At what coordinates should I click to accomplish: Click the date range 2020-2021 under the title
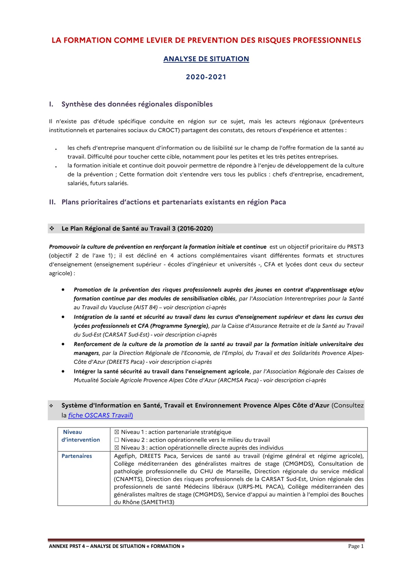[206, 77]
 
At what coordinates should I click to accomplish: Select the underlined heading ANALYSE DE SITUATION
[206, 59]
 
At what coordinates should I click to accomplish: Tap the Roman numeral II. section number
[52, 202]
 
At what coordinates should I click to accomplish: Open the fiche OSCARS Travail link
[100, 415]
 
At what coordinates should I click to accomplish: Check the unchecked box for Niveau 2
[117, 440]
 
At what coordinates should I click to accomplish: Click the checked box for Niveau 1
[117, 432]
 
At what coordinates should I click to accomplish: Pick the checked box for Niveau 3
[117, 448]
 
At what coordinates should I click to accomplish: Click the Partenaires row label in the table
[77, 456]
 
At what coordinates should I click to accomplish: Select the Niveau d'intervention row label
[80, 436]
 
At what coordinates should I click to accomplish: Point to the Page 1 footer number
[356, 546]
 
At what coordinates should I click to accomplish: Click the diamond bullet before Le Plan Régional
[52, 229]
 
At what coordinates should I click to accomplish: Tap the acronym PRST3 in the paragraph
[355, 247]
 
